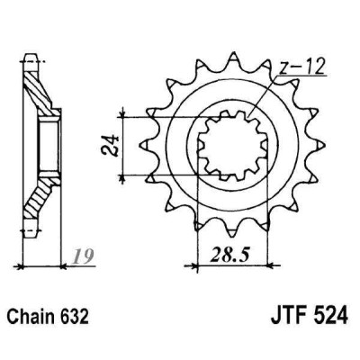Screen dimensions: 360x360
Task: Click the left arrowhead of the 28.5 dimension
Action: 190,265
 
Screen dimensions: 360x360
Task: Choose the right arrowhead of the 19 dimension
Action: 60,265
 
